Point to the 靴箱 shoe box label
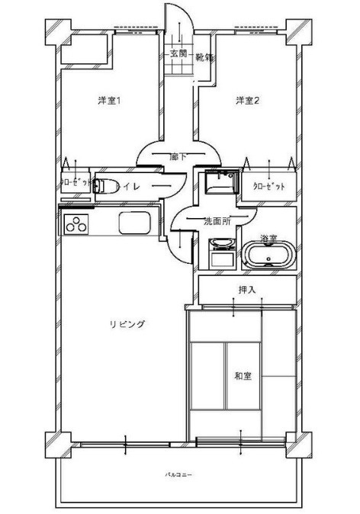point(204,57)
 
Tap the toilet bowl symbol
point(109,185)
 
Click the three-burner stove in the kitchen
point(77,224)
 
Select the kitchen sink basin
point(137,224)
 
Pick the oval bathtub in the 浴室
point(268,255)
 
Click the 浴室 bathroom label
point(268,238)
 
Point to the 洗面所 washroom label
point(217,221)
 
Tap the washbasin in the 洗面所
point(221,246)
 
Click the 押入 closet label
point(247,289)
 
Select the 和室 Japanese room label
point(243,375)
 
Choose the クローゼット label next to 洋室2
point(268,185)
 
